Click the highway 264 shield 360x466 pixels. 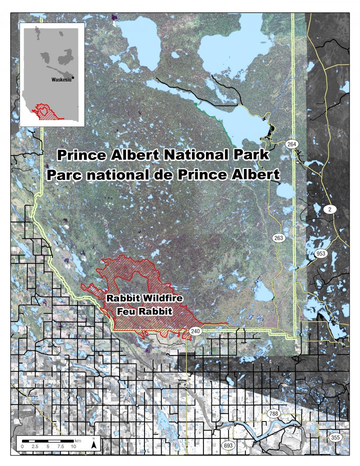[x=292, y=144]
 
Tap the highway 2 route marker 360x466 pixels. [x=330, y=209]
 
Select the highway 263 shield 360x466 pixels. [x=278, y=238]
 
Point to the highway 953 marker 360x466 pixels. [x=320, y=254]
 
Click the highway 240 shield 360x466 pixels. [x=195, y=330]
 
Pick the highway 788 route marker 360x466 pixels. [x=273, y=414]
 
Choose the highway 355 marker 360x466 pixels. [x=335, y=437]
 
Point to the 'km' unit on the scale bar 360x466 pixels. [x=77, y=440]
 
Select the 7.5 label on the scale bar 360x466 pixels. [x=60, y=446]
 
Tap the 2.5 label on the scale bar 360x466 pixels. [x=34, y=446]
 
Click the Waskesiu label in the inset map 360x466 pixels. [x=61, y=79]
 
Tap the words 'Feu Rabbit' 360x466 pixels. [x=144, y=311]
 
